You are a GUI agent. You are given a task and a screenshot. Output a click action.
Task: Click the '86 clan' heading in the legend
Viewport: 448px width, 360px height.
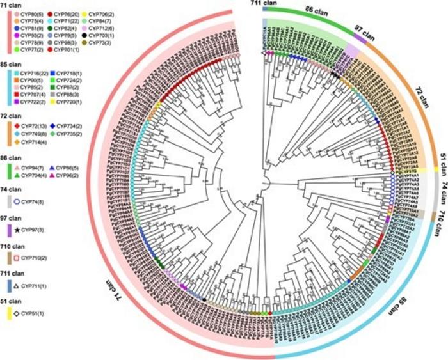coord(13,154)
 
